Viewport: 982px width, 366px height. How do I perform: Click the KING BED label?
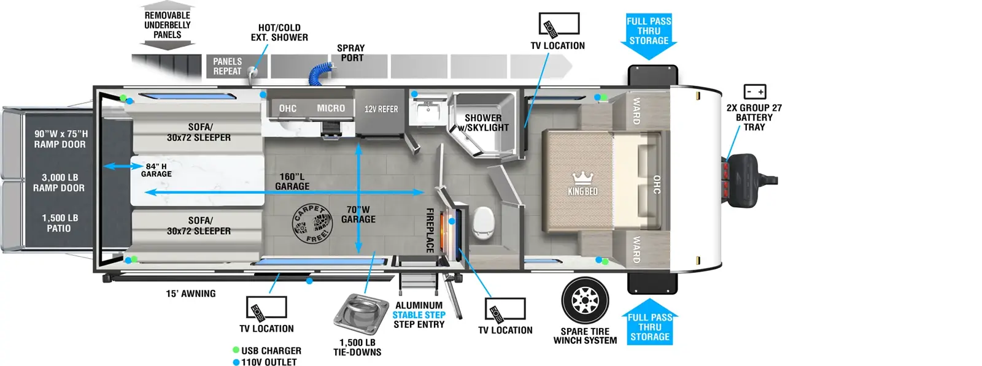click(x=582, y=191)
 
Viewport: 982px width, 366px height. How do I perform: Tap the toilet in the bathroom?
click(x=483, y=221)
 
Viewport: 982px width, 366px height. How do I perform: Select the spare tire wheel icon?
click(x=585, y=300)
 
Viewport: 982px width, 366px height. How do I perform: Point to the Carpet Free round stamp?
click(x=312, y=224)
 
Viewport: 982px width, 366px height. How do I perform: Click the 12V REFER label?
click(x=381, y=109)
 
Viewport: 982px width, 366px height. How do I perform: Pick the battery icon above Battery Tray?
click(x=754, y=92)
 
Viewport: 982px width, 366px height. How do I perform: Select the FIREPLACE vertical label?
click(x=430, y=230)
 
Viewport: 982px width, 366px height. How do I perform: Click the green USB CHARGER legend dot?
click(x=236, y=350)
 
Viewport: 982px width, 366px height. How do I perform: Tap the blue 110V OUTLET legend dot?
click(x=236, y=362)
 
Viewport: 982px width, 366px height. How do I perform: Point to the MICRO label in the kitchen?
click(x=331, y=109)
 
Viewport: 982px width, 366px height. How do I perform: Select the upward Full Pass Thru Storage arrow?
click(x=649, y=322)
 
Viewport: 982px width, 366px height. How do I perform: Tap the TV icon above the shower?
click(x=559, y=25)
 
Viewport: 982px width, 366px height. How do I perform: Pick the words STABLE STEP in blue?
click(x=419, y=315)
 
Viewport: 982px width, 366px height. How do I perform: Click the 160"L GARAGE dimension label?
click(x=292, y=181)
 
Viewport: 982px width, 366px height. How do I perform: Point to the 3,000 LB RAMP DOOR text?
click(x=59, y=183)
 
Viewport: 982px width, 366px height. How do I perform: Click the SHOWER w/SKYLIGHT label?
click(x=483, y=123)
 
